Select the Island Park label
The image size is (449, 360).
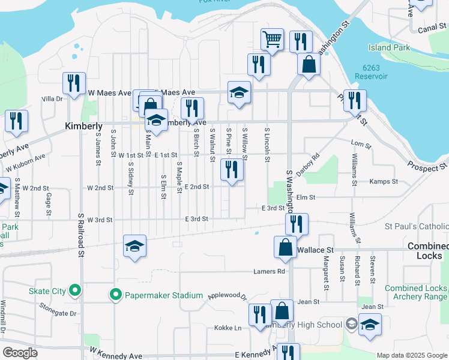389,47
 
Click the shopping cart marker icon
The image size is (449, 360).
272,40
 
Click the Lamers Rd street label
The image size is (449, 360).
269,271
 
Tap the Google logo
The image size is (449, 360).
20,352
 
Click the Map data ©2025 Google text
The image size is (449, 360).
411,355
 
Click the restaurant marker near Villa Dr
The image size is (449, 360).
74,83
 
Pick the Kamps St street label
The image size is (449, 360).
384,181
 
